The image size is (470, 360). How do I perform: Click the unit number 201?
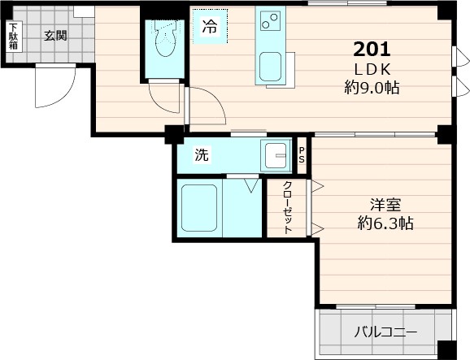(x=372, y=48)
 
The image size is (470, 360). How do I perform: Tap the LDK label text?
(x=372, y=67)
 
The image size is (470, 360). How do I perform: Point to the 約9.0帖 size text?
(x=372, y=87)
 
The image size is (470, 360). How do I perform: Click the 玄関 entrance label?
(x=55, y=35)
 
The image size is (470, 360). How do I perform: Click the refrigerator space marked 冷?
(x=209, y=26)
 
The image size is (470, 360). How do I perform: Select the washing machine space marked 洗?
(x=200, y=156)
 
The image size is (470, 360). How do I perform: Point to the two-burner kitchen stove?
(x=268, y=20)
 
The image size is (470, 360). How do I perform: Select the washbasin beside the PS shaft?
(x=276, y=154)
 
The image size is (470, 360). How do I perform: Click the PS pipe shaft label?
(x=302, y=155)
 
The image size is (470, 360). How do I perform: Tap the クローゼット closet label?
(x=288, y=207)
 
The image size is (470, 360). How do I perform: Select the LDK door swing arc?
(x=207, y=106)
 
